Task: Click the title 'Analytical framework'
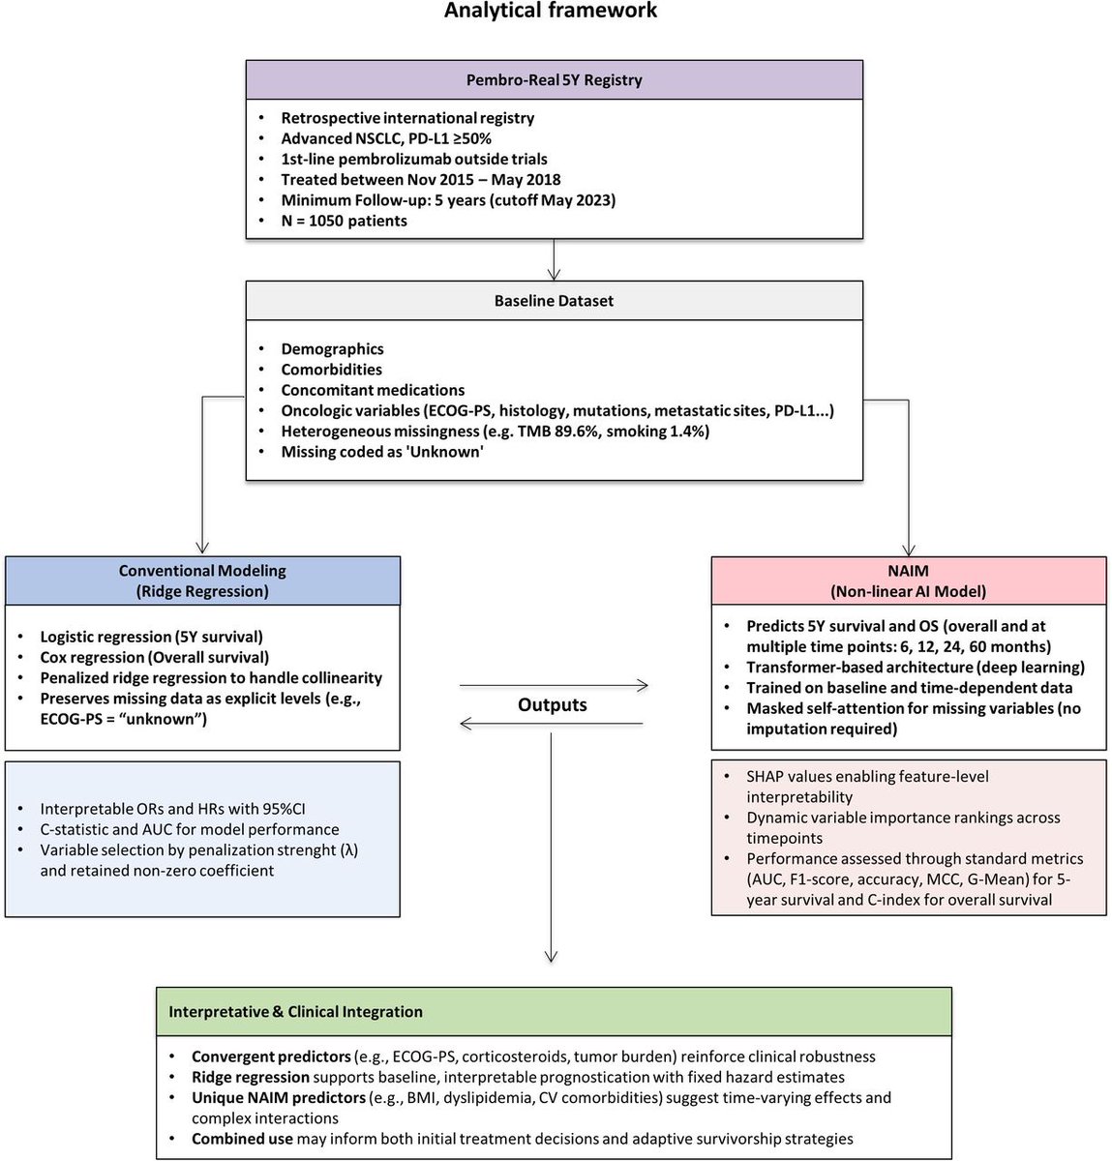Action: (550, 12)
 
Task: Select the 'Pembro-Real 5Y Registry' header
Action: (554, 79)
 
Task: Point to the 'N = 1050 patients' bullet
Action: (344, 221)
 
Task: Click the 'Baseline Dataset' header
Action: (554, 301)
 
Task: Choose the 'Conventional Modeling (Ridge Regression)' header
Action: (202, 580)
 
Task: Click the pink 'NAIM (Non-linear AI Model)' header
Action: (908, 580)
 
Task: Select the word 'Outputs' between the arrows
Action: (552, 705)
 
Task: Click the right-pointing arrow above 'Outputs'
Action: (554, 686)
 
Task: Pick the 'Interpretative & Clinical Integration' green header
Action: (295, 1012)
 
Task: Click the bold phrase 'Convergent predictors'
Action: (256, 1057)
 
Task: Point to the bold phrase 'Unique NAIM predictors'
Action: (279, 1097)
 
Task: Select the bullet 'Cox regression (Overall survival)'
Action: (154, 657)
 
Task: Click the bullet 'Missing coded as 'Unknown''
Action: (381, 452)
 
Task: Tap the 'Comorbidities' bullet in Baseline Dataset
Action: (331, 370)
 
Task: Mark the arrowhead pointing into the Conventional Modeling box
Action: (202, 547)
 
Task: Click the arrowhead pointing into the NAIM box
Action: (909, 547)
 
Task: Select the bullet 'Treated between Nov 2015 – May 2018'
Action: (420, 179)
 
